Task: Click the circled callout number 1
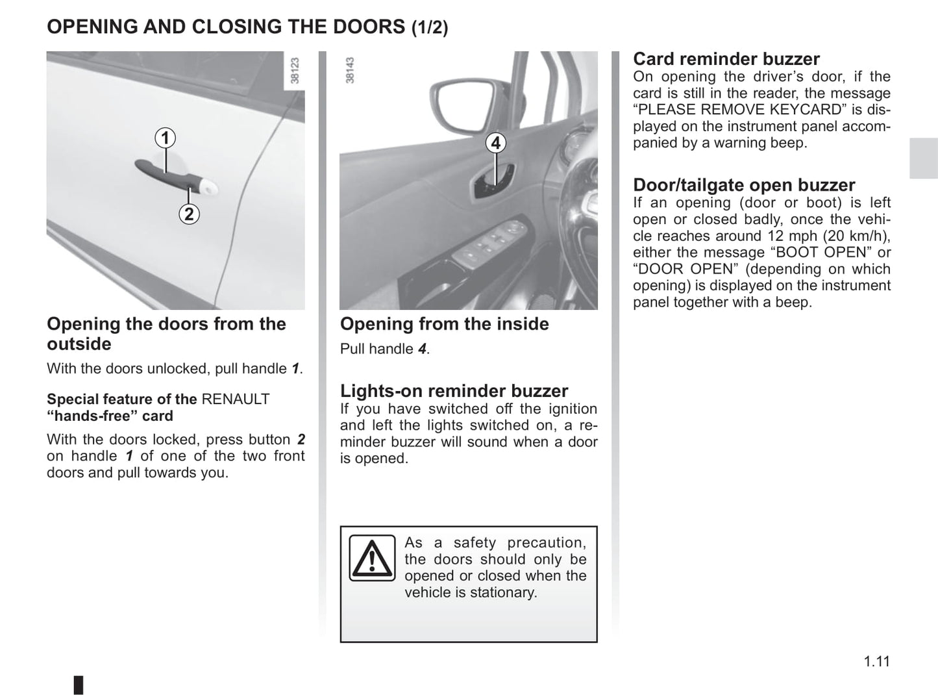pos(166,138)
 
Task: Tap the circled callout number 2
pos(189,214)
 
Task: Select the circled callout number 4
pos(496,143)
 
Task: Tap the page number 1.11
pos(876,661)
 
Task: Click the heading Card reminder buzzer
pos(726,59)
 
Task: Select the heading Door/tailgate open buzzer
pos(744,185)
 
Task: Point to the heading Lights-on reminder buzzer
pos(454,390)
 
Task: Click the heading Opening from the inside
pos(444,323)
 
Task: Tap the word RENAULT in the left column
pos(236,399)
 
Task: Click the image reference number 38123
pos(295,71)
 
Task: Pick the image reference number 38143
pos(350,70)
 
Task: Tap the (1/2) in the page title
pos(430,28)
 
